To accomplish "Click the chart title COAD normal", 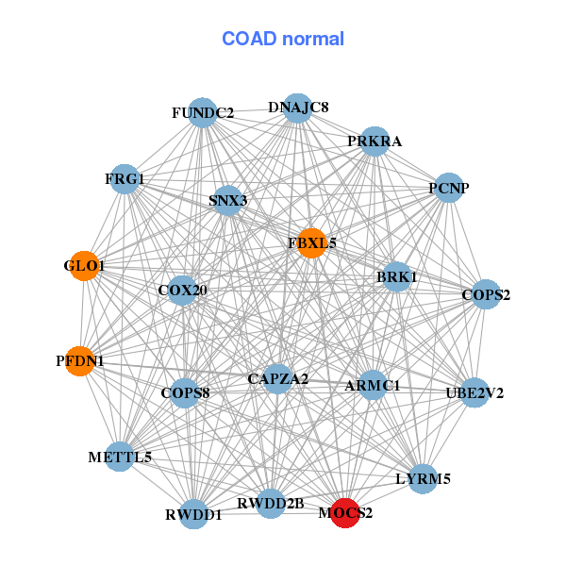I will click(x=283, y=40).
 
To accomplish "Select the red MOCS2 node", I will click(x=345, y=513).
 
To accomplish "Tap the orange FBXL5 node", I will click(x=311, y=242).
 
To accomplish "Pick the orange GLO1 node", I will click(x=84, y=266).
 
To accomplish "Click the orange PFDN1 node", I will click(x=79, y=360).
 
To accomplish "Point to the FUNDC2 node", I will click(x=203, y=113).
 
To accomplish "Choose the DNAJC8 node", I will click(x=298, y=108).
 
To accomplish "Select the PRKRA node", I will click(x=375, y=141).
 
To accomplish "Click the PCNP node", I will click(x=449, y=188).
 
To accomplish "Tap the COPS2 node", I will click(x=485, y=295).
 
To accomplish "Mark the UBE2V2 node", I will click(x=474, y=392).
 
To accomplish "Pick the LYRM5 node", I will click(x=423, y=478).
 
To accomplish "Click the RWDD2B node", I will click(x=271, y=504).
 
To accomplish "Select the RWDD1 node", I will click(x=194, y=514).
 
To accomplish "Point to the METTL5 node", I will click(x=120, y=458).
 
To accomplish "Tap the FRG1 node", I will click(x=125, y=178).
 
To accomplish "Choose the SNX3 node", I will click(x=227, y=200).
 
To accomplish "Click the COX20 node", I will click(x=183, y=290).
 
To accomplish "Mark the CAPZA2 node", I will click(x=277, y=379).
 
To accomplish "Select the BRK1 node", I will click(x=397, y=277).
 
